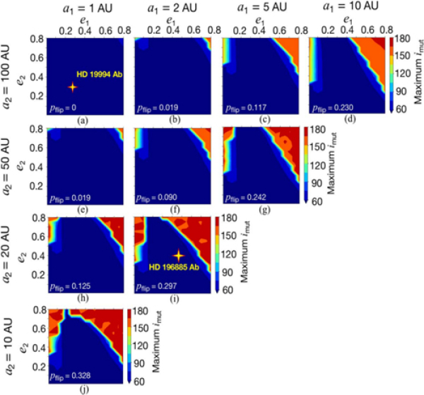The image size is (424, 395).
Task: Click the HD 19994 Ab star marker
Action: pyautogui.click(x=71, y=87)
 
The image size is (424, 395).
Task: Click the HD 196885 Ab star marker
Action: pyautogui.click(x=177, y=255)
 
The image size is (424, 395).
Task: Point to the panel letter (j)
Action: pyautogui.click(x=84, y=389)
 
